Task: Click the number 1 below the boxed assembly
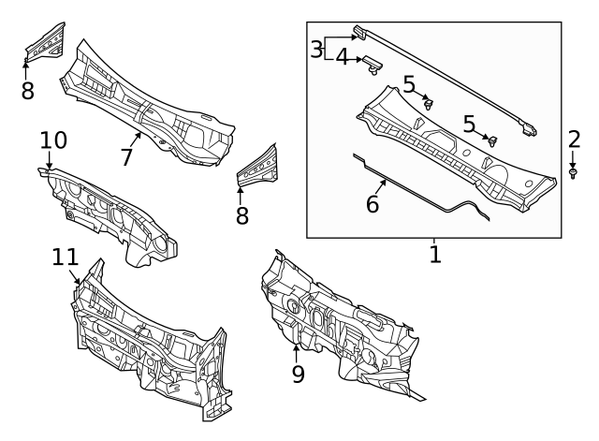point(434,253)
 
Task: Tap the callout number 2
point(574,140)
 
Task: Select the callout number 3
point(317,48)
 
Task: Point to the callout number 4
point(342,58)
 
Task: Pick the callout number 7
point(127,156)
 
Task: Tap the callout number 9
point(298,375)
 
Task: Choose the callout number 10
point(53,140)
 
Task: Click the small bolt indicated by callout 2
point(573,173)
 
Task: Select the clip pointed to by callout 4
point(374,65)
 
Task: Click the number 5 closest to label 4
point(409,85)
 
